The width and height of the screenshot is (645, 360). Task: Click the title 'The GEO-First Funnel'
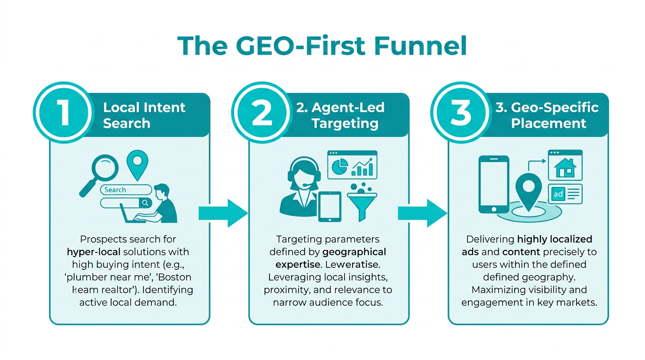click(322, 46)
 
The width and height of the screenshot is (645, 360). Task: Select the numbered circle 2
click(261, 112)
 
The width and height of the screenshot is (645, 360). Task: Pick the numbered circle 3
click(460, 112)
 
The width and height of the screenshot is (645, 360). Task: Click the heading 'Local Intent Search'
click(144, 115)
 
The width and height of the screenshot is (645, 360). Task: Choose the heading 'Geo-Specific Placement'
click(547, 115)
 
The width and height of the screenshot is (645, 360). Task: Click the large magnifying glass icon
click(99, 171)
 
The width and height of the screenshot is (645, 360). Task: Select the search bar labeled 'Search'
click(126, 190)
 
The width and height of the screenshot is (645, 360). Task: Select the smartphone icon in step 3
click(493, 184)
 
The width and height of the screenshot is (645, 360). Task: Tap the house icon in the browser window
click(565, 167)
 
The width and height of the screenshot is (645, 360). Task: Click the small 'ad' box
click(558, 194)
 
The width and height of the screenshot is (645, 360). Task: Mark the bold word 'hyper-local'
click(93, 252)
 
